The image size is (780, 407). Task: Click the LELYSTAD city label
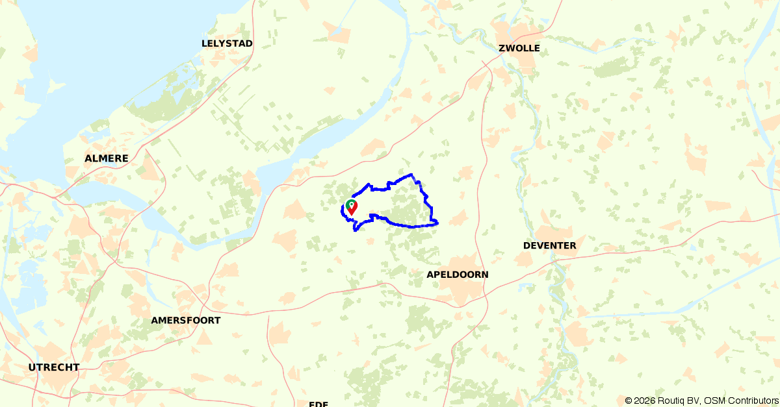click(x=227, y=43)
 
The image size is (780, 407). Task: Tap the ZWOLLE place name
click(x=519, y=48)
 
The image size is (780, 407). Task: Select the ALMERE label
click(x=106, y=158)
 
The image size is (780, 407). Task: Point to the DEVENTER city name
click(x=549, y=245)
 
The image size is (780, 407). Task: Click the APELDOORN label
click(x=457, y=275)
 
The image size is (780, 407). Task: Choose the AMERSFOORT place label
click(x=185, y=320)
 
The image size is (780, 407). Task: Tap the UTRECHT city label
click(x=54, y=367)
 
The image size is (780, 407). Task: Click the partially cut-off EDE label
click(x=318, y=404)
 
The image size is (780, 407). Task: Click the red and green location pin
click(x=351, y=207)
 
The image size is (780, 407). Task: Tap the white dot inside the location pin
click(x=351, y=204)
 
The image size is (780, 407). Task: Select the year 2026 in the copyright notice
click(x=645, y=401)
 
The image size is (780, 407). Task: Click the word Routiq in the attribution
click(x=671, y=401)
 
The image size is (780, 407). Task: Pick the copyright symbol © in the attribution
click(x=629, y=401)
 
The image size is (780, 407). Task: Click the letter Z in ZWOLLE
click(x=501, y=48)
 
